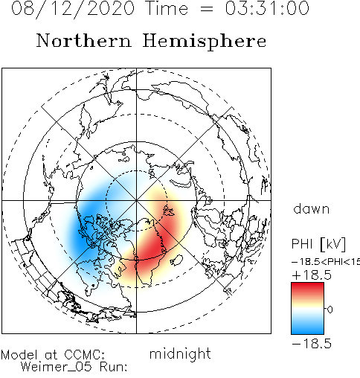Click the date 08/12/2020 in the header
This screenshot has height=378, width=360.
click(73, 9)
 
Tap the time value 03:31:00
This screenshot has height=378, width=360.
click(267, 8)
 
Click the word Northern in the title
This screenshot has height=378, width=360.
click(84, 41)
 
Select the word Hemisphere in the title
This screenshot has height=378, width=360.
click(205, 41)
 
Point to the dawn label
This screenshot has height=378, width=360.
click(312, 208)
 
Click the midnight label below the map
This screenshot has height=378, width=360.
click(180, 353)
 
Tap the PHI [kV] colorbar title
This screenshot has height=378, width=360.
click(318, 244)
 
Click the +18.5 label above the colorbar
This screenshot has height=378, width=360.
click(312, 275)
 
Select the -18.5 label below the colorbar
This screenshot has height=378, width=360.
click(312, 344)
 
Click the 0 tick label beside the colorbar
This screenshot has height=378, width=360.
click(330, 310)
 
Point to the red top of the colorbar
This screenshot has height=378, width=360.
click(307, 288)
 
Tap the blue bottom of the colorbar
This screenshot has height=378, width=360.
click(307, 329)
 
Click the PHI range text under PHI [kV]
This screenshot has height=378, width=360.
click(326, 262)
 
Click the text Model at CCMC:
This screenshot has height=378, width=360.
click(53, 355)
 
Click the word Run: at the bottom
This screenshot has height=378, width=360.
click(114, 367)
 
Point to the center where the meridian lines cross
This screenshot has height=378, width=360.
click(136, 200)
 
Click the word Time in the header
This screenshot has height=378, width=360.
click(167, 8)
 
